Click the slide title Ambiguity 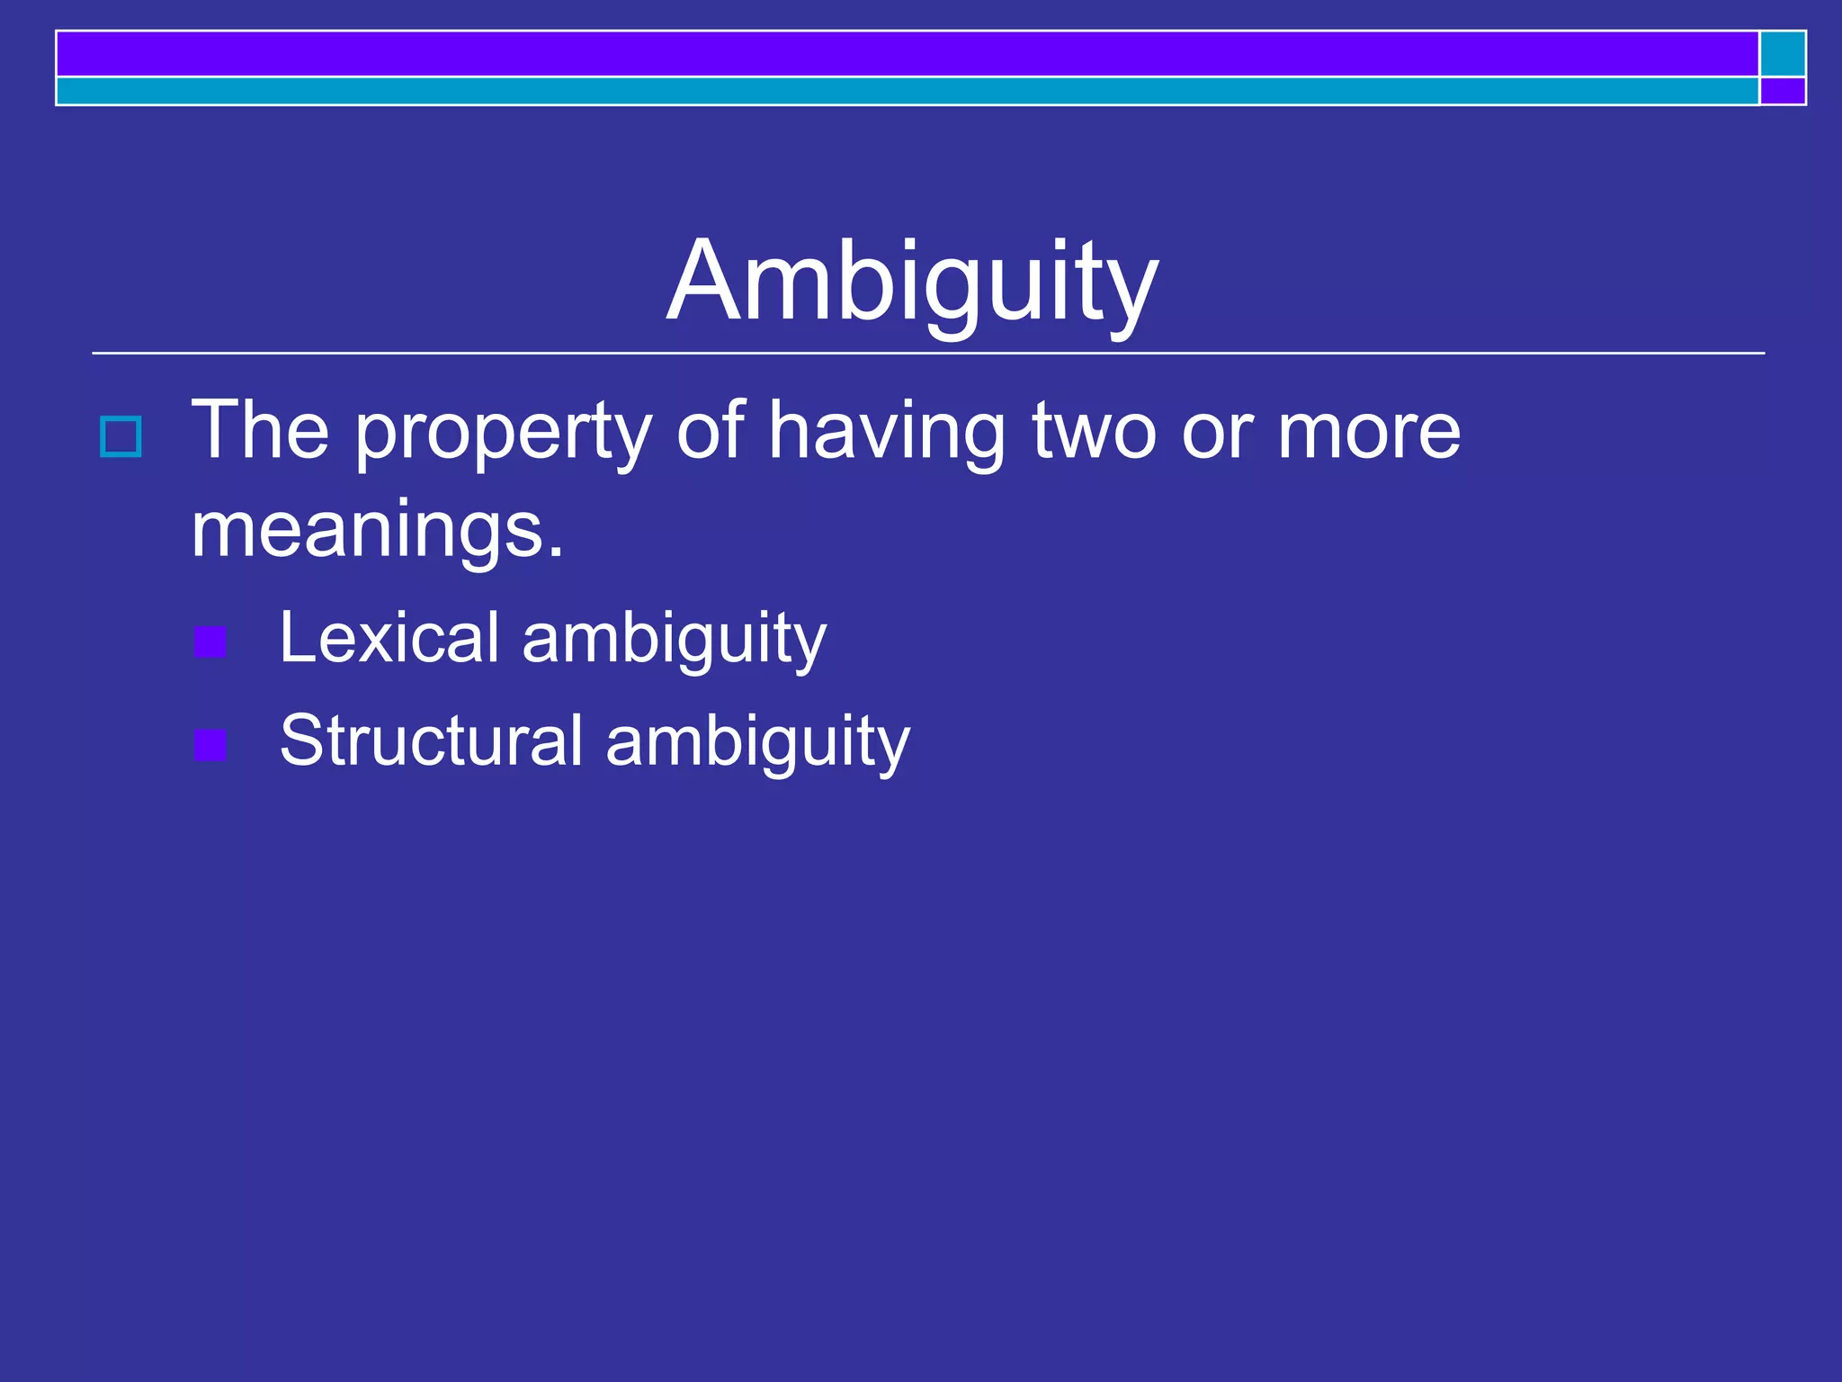[912, 281]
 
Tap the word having [886, 434]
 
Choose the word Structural [432, 741]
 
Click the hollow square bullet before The [121, 437]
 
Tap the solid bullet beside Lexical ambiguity [210, 642]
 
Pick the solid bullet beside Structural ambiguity [210, 745]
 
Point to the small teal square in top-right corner [1783, 54]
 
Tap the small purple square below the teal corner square [1783, 91]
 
